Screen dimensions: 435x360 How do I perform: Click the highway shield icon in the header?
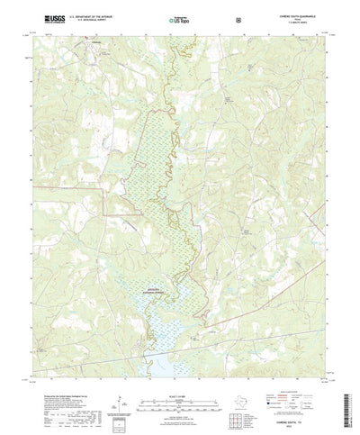click(237, 17)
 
